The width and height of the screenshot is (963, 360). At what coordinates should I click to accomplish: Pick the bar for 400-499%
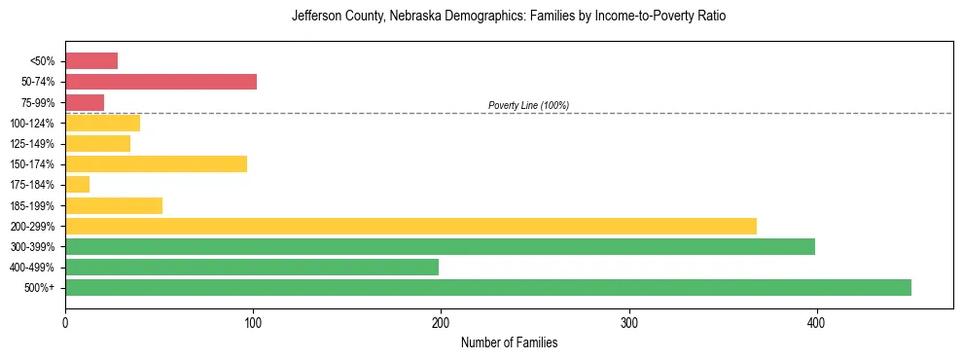point(252,267)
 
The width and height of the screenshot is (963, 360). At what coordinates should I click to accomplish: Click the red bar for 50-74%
point(160,82)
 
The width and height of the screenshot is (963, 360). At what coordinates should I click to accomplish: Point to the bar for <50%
point(91,61)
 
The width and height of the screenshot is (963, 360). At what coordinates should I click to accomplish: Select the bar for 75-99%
point(85,102)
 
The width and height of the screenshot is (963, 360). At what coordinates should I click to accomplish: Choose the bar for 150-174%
point(156,163)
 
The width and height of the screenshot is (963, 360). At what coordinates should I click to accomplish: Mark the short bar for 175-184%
point(78,184)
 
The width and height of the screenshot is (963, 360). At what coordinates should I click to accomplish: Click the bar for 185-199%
point(114,205)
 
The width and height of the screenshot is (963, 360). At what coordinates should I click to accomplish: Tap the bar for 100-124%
point(102,123)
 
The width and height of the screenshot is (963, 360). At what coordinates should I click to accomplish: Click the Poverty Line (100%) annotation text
point(528,105)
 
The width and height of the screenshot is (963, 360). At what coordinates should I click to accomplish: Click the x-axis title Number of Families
point(509,343)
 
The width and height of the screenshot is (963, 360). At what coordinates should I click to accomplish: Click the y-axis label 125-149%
point(33,144)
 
